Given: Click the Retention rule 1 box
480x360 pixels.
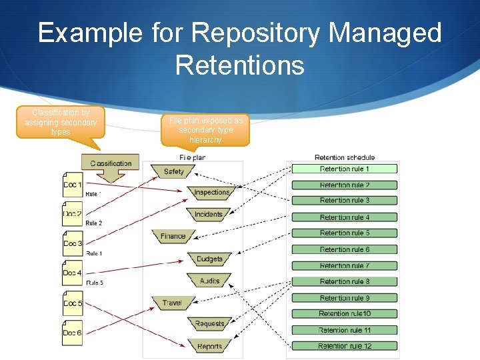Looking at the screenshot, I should point(344,169).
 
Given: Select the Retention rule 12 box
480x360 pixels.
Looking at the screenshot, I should point(344,346).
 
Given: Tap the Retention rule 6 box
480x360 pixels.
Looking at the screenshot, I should point(344,249).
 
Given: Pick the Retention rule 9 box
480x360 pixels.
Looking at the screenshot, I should point(344,298).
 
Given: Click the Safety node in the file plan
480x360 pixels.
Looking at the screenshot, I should point(173,172).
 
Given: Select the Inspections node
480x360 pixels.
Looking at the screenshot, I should point(211,193).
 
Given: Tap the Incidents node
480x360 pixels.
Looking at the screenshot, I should point(208,215).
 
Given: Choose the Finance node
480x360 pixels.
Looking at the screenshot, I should point(173,236).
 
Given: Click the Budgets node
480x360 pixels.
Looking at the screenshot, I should point(209,259).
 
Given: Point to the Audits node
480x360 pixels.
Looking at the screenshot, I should point(209,281).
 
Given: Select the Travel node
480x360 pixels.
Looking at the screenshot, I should point(172,303).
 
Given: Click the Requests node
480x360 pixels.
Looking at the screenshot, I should point(209,325).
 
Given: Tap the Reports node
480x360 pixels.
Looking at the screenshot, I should point(209,347).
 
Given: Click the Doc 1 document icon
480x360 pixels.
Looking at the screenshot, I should point(72,185).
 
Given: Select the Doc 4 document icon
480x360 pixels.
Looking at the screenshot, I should point(72,273).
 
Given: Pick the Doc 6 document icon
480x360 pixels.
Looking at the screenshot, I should point(72,333).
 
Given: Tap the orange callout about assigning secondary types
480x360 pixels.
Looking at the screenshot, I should point(61,123).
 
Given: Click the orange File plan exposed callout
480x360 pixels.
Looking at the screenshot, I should point(205,130).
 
